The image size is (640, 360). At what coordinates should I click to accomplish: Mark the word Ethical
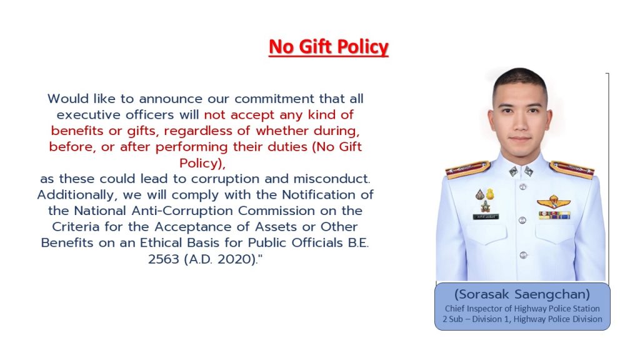(x=161, y=243)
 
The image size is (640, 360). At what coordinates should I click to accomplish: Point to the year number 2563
(x=163, y=259)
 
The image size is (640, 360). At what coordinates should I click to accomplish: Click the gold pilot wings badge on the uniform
(x=554, y=202)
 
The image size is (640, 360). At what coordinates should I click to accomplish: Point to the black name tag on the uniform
(x=486, y=217)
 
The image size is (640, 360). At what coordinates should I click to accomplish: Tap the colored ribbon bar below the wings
(x=554, y=215)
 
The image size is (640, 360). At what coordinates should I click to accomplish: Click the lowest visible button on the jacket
(x=523, y=256)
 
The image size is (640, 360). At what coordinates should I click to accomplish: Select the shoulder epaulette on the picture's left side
(x=467, y=169)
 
